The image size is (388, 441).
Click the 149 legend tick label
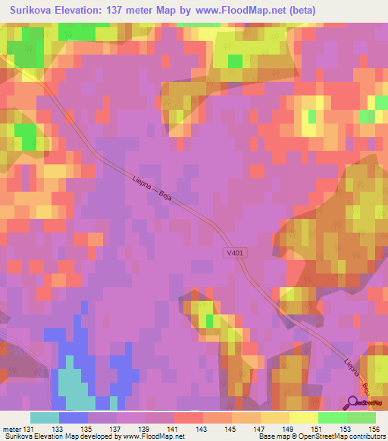288,428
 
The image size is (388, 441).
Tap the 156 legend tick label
374,428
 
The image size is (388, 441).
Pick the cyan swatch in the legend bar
45,418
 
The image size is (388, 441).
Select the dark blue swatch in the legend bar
74,418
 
